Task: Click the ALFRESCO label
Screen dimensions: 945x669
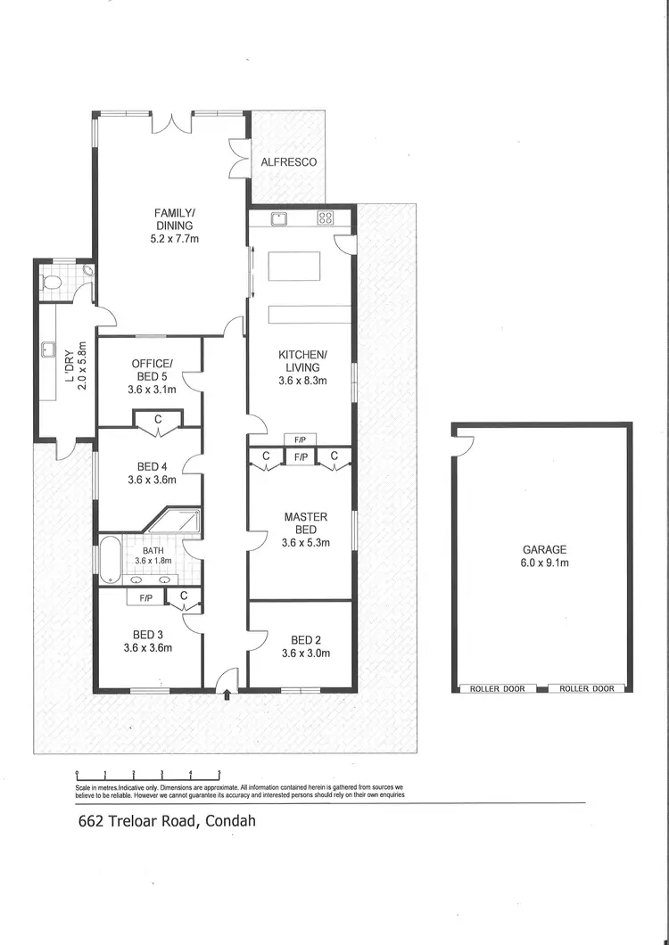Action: pyautogui.click(x=288, y=162)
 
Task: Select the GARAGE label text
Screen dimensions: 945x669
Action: pyautogui.click(x=544, y=556)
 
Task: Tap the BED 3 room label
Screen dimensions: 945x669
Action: pyautogui.click(x=148, y=641)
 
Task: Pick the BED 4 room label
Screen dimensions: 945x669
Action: pyautogui.click(x=152, y=472)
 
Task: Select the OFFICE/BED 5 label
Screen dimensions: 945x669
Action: pyautogui.click(x=152, y=375)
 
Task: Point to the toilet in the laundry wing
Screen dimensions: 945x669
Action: pyautogui.click(x=53, y=283)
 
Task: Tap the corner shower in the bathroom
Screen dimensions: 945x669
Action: pyautogui.click(x=179, y=522)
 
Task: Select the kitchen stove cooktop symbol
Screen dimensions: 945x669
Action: pyautogui.click(x=325, y=217)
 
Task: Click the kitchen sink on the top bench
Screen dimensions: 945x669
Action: pyautogui.click(x=278, y=217)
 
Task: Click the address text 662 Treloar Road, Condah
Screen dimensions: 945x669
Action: pyautogui.click(x=167, y=820)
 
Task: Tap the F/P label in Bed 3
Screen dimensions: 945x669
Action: pyautogui.click(x=145, y=599)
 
